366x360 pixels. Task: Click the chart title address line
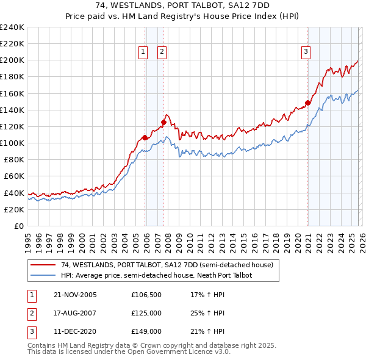coord(182,5)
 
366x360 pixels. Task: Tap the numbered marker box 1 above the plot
coord(143,52)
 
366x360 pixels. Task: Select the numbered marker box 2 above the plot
coord(162,52)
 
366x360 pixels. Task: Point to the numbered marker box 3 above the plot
coord(305,52)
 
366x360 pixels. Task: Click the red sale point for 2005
coord(145,137)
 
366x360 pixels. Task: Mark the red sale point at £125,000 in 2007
coord(163,122)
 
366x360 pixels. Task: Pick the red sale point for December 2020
coord(308,103)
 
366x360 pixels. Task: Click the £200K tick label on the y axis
coord(12,60)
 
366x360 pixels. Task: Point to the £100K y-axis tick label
coord(12,143)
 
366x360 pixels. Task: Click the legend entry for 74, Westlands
coord(170,265)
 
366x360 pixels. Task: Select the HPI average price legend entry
coord(156,275)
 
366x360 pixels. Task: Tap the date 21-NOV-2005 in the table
coord(75,295)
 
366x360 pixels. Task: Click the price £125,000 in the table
coord(146,313)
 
